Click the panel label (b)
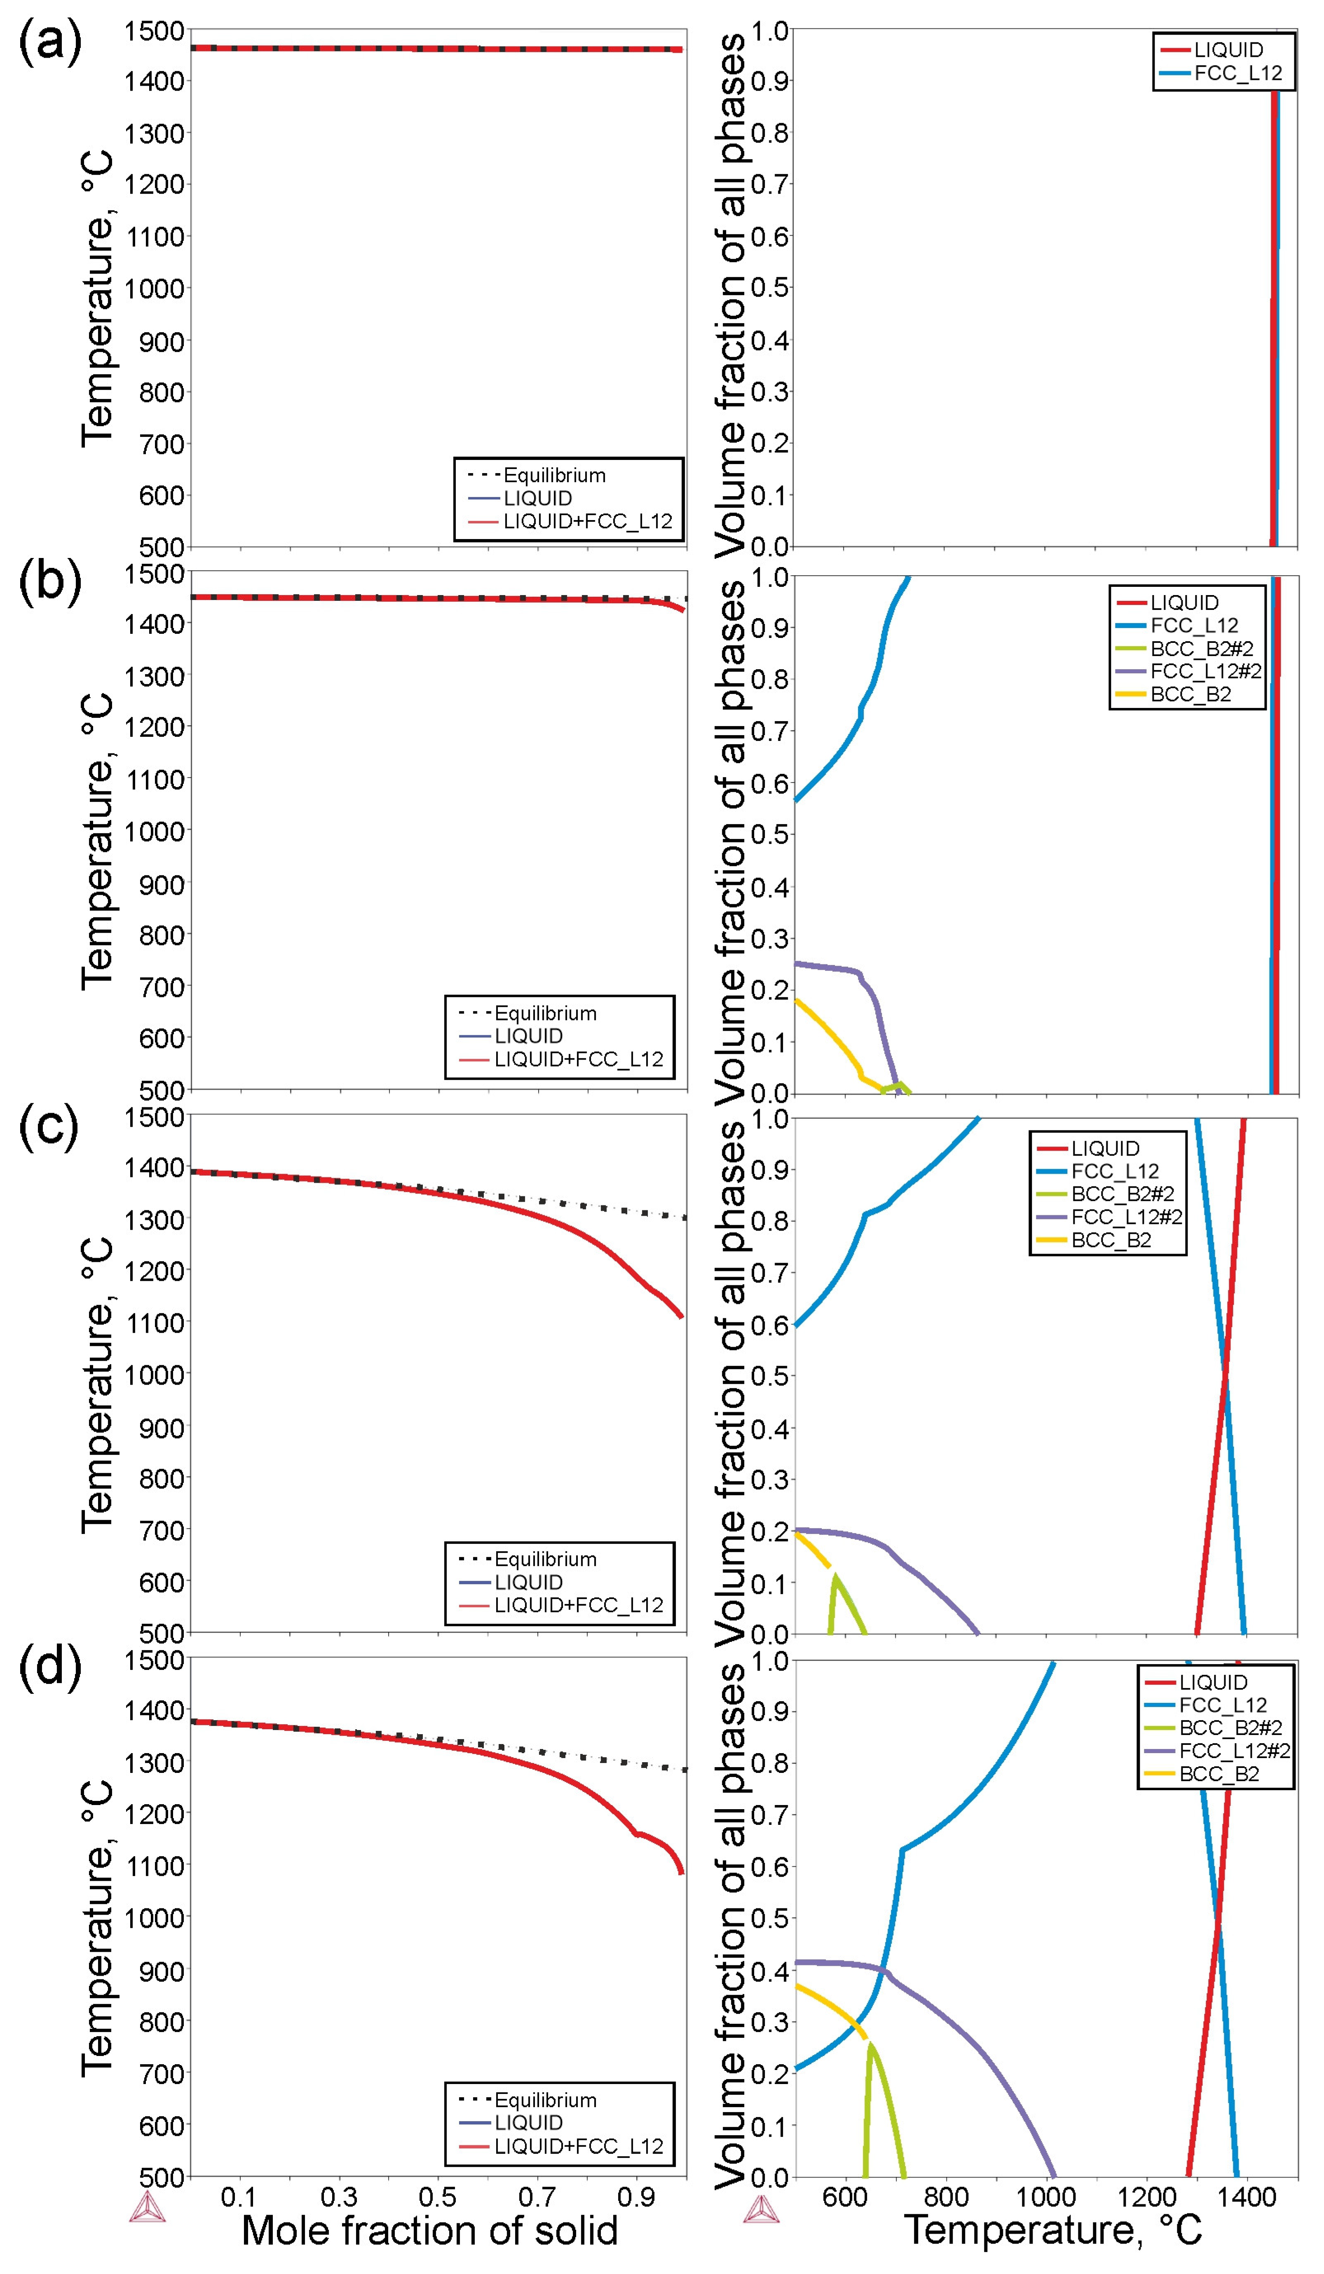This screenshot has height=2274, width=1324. [x=49, y=582]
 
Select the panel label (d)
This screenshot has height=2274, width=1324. [x=49, y=1668]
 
